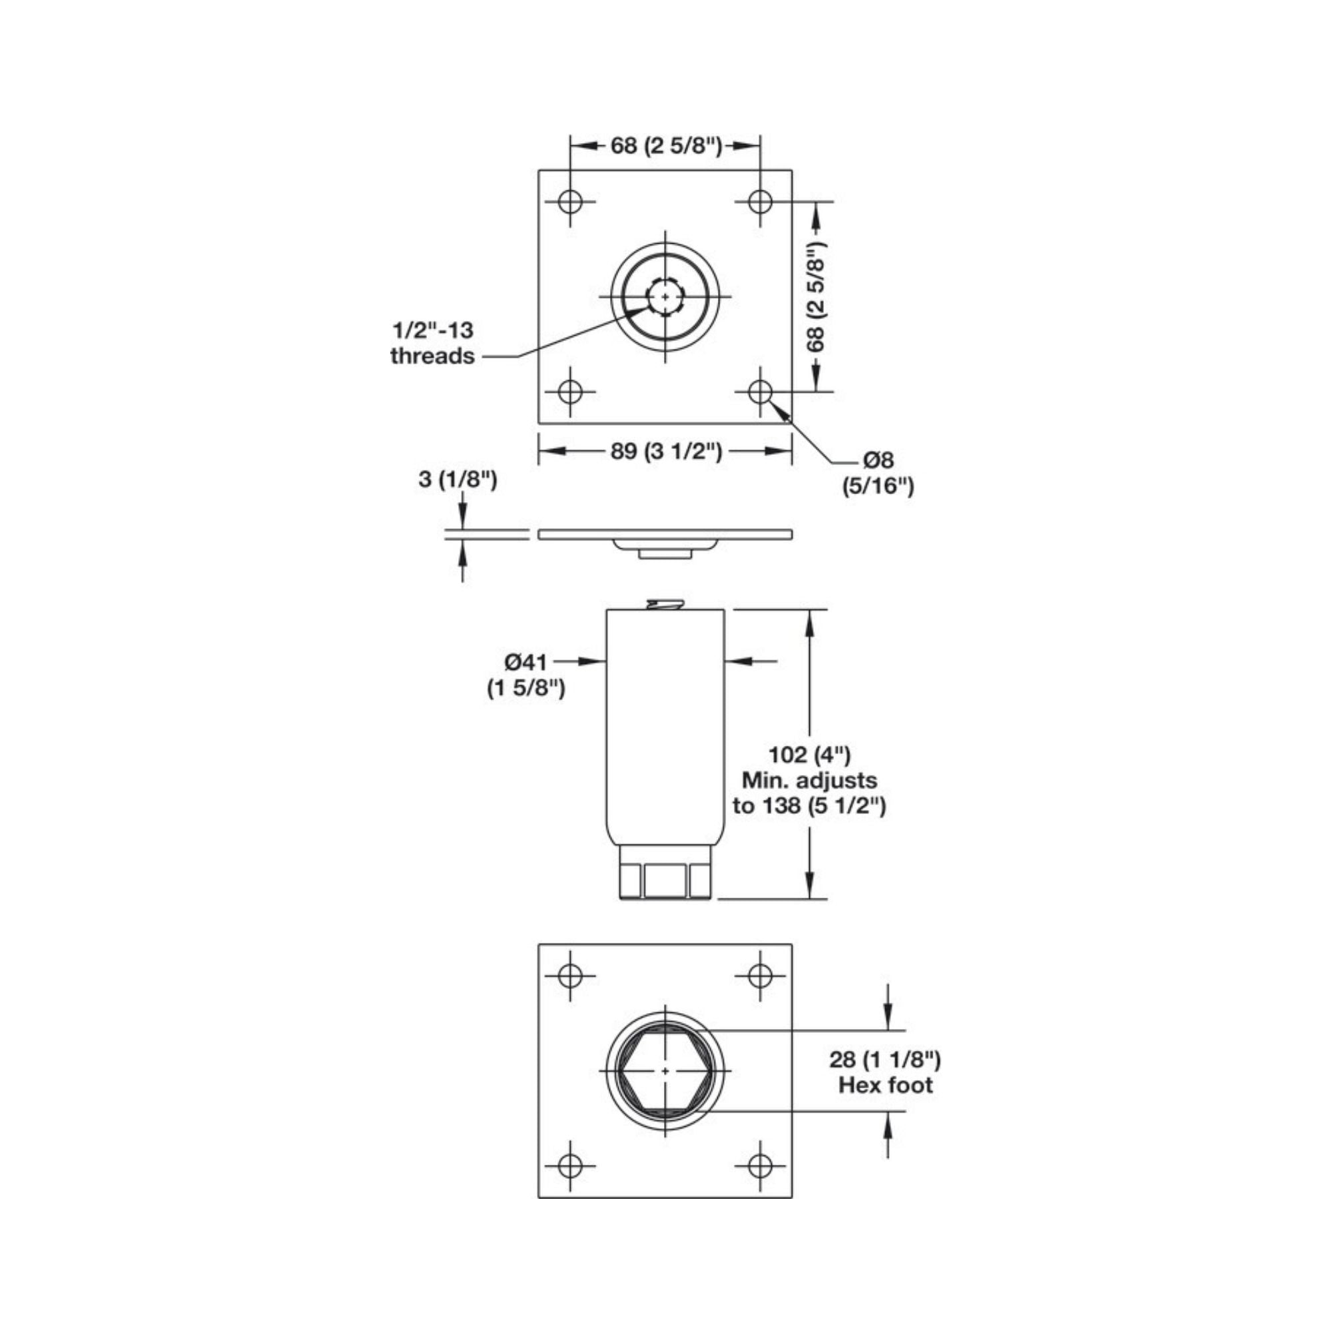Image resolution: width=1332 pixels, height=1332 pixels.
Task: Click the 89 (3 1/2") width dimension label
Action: [x=666, y=452]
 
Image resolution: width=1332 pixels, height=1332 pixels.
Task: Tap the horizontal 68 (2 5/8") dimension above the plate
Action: [x=666, y=146]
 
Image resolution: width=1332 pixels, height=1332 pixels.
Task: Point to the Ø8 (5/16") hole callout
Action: [x=878, y=473]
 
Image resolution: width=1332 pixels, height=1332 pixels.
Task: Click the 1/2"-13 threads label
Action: [x=433, y=342]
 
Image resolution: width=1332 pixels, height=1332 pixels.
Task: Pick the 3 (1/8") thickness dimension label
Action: [x=458, y=480]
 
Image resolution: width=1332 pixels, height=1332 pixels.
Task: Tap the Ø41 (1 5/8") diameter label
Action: [x=526, y=675]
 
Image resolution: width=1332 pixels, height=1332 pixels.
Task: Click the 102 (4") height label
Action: [x=809, y=755]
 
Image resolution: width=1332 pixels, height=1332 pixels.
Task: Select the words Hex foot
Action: [x=885, y=1104]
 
